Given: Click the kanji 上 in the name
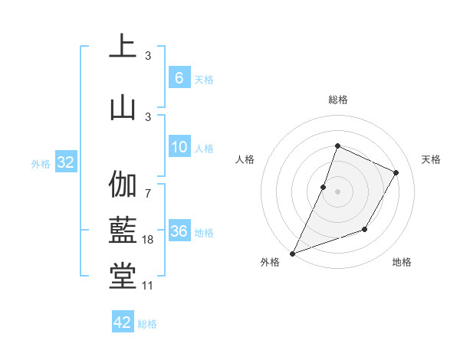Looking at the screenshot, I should pos(123,46).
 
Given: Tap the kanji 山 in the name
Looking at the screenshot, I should pos(123,106).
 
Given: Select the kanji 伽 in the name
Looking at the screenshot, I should pos(123,185).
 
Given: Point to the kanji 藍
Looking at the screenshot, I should pos(123,229).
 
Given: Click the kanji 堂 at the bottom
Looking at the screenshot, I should pos(123,277).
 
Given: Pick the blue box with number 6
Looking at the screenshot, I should pos(179,77).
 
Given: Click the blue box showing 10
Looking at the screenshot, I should pos(179,147).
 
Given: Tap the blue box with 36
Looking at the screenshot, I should pos(179,231).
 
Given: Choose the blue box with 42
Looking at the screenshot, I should pos(123,322).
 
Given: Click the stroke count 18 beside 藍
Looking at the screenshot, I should pos(148,240).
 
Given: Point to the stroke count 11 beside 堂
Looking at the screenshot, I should pos(148,286).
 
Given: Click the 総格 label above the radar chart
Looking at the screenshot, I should pos(337,100).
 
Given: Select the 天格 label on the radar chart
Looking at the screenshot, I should pos(431,159).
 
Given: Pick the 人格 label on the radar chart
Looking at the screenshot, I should pos(245,159).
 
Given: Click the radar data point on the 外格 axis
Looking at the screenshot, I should pos(292,254).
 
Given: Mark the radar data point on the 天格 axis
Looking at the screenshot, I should pos(396,172).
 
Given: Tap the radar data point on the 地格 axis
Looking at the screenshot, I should pos(365,229).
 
